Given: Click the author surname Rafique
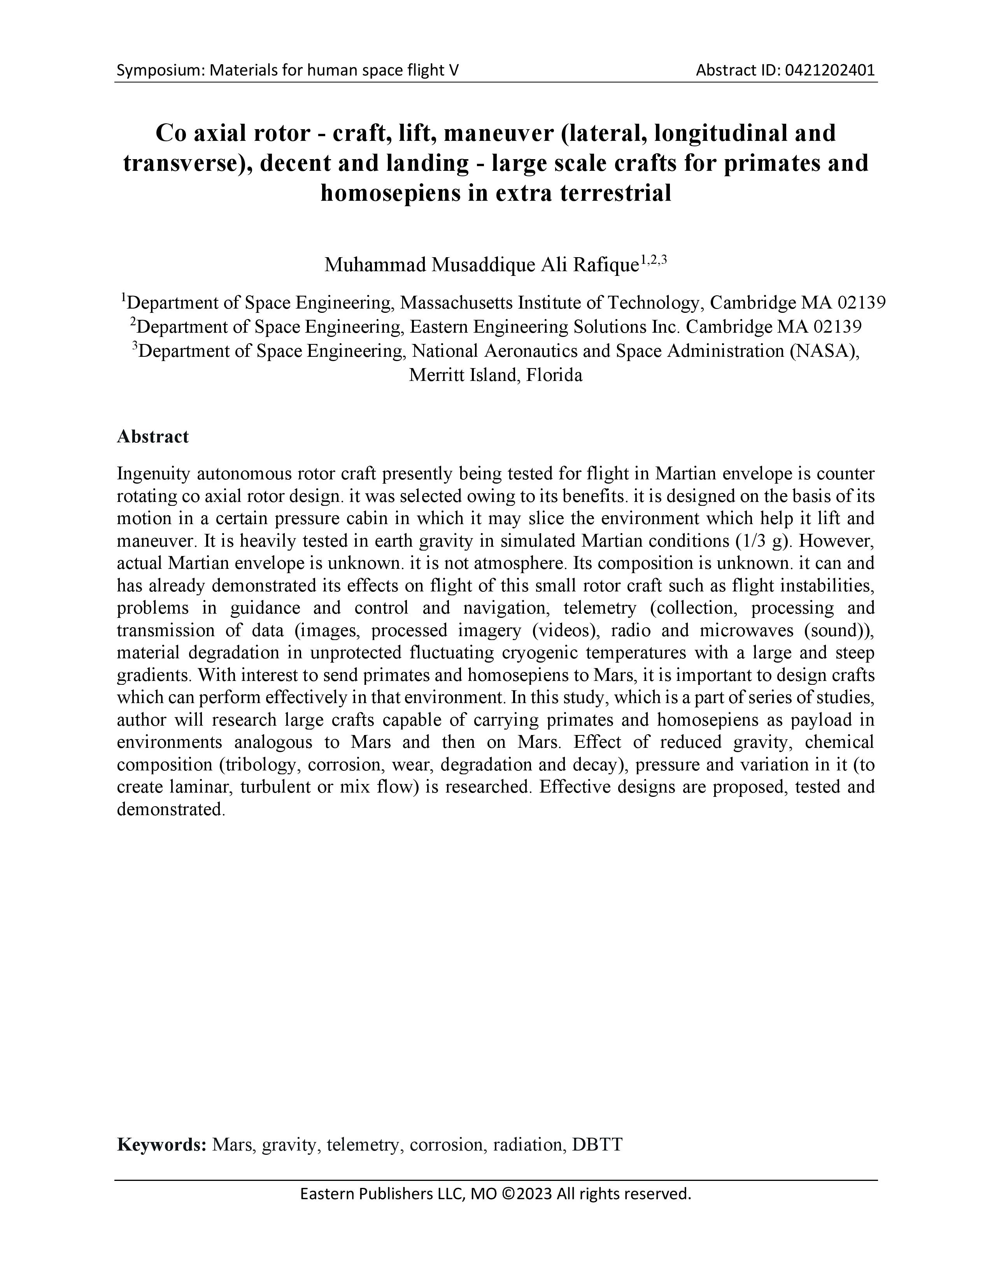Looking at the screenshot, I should point(605,265).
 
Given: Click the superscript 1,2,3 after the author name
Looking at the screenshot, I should point(654,259).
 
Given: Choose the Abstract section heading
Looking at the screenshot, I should point(153,437).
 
